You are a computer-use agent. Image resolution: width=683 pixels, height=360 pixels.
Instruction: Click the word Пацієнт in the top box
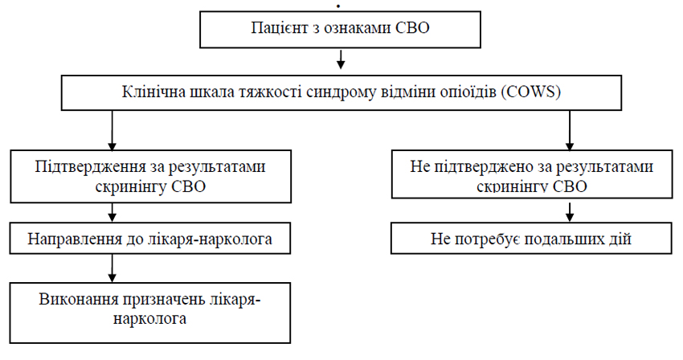click(278, 28)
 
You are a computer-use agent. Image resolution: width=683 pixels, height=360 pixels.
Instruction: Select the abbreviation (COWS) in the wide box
click(530, 92)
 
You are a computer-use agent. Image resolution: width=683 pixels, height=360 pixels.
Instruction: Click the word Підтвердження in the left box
click(90, 166)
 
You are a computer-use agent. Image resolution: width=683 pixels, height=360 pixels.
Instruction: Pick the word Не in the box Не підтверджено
click(420, 166)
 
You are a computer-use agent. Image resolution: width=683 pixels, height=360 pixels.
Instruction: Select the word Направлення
click(74, 239)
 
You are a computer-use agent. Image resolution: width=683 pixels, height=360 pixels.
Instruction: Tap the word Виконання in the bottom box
click(79, 300)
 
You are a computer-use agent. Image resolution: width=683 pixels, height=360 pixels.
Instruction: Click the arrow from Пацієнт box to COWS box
click(341, 59)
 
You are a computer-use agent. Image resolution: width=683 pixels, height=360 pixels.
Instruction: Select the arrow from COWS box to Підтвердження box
click(112, 130)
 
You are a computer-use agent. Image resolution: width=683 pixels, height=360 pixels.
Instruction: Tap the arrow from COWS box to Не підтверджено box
click(570, 130)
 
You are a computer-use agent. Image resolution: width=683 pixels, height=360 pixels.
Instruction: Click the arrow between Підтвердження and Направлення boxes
click(112, 213)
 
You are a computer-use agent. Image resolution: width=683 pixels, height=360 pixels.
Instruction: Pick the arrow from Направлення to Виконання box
click(112, 268)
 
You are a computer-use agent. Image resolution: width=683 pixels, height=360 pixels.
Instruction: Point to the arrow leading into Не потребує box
click(570, 211)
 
